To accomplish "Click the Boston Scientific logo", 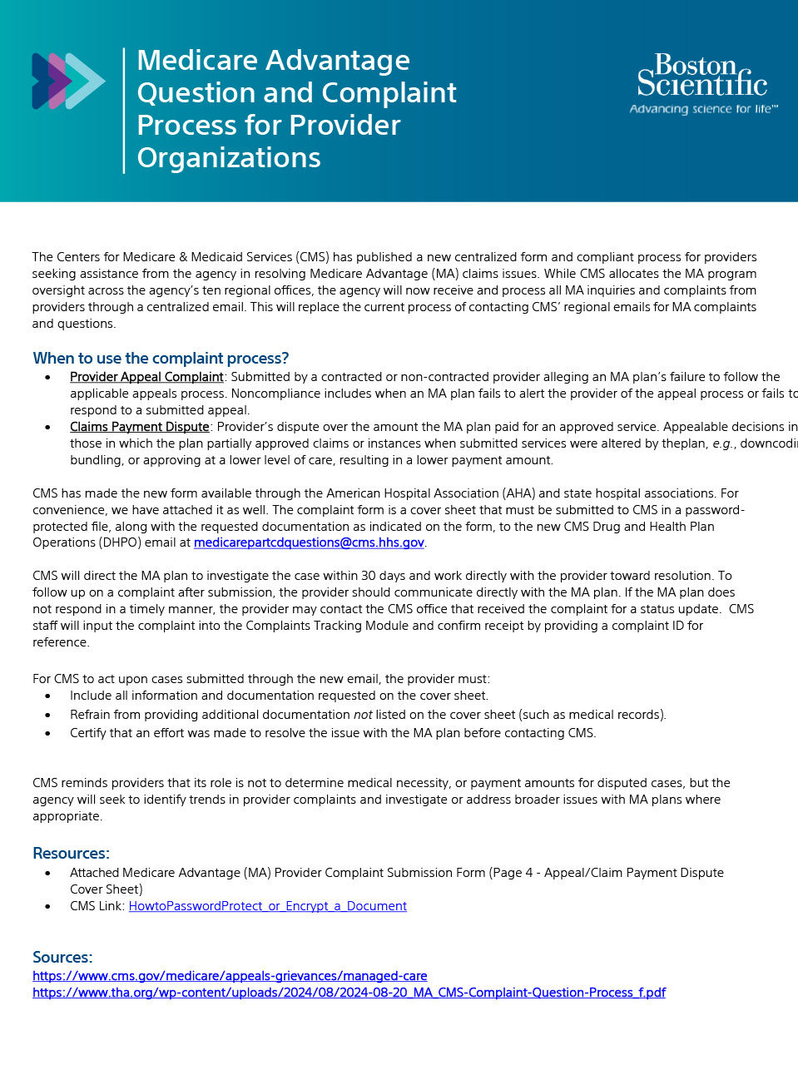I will coord(702,77).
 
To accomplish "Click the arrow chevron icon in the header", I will coord(68,81).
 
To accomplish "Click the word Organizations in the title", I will coord(229,158).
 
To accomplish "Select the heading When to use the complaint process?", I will coord(161,359).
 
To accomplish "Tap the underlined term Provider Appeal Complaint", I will coord(146,377).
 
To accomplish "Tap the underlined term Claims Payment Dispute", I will coord(139,427).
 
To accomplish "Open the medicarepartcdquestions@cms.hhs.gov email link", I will coord(309,542).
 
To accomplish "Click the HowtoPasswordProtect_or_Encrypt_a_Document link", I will coord(267,906).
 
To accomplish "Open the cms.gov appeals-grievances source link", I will coord(230,976).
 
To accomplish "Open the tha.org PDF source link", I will coord(349,993).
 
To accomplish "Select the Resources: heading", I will coord(71,854).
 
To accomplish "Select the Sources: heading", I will coord(62,958).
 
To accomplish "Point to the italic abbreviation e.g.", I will coord(723,443).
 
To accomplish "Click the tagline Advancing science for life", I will coord(703,109).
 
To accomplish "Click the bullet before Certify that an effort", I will coord(48,734).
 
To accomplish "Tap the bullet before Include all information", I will coord(48,696).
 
